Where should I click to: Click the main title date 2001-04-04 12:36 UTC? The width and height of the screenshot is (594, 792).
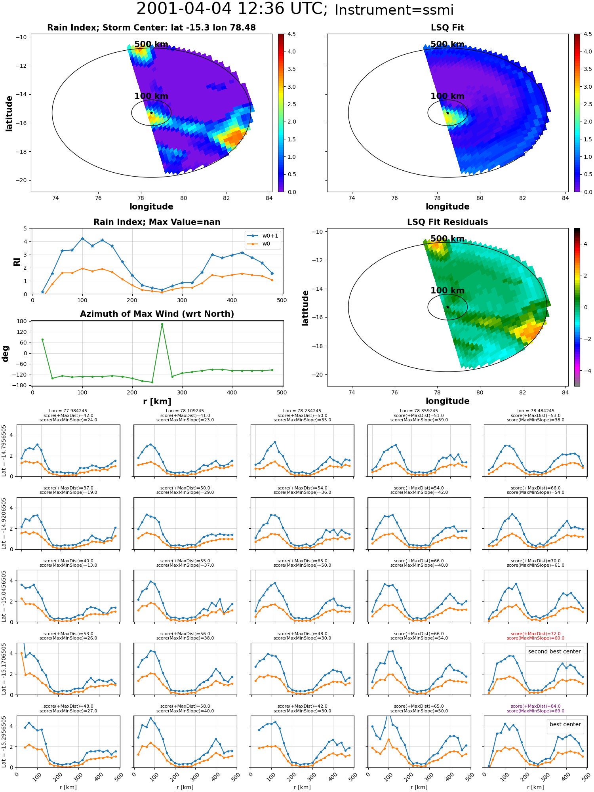[232, 9]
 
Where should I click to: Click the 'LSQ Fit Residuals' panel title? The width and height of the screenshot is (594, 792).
[447, 222]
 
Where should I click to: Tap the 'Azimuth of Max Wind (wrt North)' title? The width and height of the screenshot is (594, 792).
[157, 314]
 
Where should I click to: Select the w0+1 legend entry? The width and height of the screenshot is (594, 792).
[263, 236]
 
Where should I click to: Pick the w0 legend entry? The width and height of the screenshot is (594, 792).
[263, 244]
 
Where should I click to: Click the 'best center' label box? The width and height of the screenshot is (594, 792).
[565, 724]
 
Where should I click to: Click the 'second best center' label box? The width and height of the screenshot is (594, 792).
[554, 651]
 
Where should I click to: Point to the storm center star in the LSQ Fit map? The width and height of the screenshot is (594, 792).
[447, 113]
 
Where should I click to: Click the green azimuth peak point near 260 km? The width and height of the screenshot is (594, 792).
[162, 324]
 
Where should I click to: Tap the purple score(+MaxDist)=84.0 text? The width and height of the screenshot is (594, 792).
[535, 706]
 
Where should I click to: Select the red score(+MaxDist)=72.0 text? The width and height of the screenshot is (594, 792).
[535, 634]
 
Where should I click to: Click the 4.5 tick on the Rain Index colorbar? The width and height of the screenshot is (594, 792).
[291, 34]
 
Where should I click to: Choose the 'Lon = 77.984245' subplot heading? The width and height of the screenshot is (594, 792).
[68, 411]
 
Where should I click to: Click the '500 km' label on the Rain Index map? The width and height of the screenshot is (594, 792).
[151, 44]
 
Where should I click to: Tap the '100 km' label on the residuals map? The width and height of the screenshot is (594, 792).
[447, 291]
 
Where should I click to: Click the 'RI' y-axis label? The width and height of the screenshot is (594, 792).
[17, 261]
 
